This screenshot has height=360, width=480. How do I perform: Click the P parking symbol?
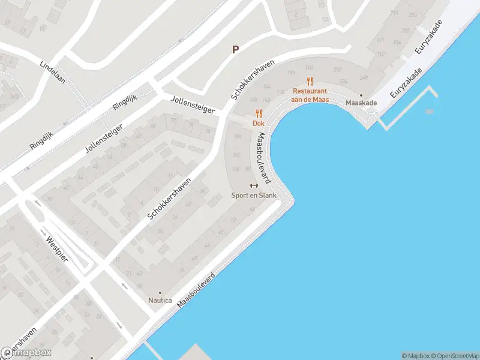point(236,50)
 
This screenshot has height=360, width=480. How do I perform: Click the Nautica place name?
point(160,300)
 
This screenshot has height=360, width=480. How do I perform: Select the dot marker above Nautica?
point(160,292)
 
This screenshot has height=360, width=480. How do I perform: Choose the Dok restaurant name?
point(259,123)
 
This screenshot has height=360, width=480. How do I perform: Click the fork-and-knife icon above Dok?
point(259,113)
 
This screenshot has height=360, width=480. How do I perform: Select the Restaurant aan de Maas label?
point(310,95)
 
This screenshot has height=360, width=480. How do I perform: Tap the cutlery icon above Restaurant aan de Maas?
point(310,81)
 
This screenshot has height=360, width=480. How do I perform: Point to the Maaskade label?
point(361,103)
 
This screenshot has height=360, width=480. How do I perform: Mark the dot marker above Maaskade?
point(361,95)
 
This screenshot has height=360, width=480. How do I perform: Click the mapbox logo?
point(26,353)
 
